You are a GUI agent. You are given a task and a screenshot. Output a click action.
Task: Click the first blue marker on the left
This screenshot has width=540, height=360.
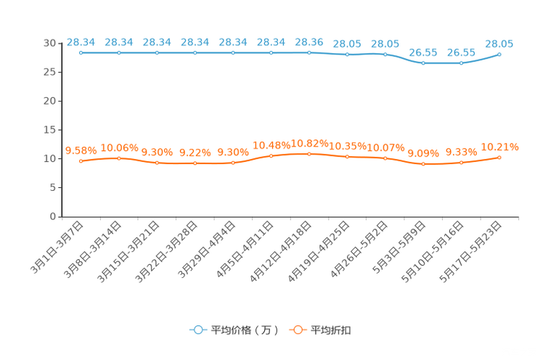pyautogui.click(x=81, y=52)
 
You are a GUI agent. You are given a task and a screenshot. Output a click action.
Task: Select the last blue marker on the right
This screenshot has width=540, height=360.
pyautogui.click(x=499, y=54)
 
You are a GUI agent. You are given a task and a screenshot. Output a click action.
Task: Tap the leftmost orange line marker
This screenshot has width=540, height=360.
pyautogui.click(x=81, y=160)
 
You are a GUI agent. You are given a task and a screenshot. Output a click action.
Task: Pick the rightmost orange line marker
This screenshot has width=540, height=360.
pyautogui.click(x=499, y=157)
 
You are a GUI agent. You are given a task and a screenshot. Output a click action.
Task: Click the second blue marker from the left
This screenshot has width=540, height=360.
pyautogui.click(x=119, y=52)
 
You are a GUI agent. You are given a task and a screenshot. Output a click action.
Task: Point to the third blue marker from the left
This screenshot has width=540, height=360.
pyautogui.click(x=157, y=52)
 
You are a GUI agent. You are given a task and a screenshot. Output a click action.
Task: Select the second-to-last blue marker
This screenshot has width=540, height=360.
pyautogui.click(x=462, y=63)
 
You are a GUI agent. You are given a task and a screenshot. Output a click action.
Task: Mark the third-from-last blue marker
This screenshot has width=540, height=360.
pyautogui.click(x=423, y=63)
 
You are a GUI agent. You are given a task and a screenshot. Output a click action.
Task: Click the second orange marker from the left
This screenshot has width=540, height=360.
pyautogui.click(x=119, y=157)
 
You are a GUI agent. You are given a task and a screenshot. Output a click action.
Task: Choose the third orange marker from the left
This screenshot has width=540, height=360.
pyautogui.click(x=157, y=163)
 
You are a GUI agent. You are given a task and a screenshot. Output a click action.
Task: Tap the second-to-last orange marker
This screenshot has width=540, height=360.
pyautogui.click(x=462, y=163)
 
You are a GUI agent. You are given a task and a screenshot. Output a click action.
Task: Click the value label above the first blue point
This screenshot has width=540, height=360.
pyautogui.click(x=81, y=42)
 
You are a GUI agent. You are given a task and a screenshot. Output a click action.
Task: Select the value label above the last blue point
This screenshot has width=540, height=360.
pyautogui.click(x=499, y=44)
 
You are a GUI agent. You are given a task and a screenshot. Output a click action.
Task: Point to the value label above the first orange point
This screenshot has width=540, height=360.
pyautogui.click(x=81, y=150)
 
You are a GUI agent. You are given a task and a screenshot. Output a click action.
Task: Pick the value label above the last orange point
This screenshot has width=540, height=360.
pyautogui.click(x=500, y=147)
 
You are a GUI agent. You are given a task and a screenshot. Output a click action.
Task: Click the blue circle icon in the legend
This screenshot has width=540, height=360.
pyautogui.click(x=197, y=330)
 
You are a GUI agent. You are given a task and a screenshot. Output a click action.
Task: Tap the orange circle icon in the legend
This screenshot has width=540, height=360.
pyautogui.click(x=297, y=330)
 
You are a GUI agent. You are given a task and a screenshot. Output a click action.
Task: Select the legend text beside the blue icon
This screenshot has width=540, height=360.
pyautogui.click(x=245, y=330)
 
